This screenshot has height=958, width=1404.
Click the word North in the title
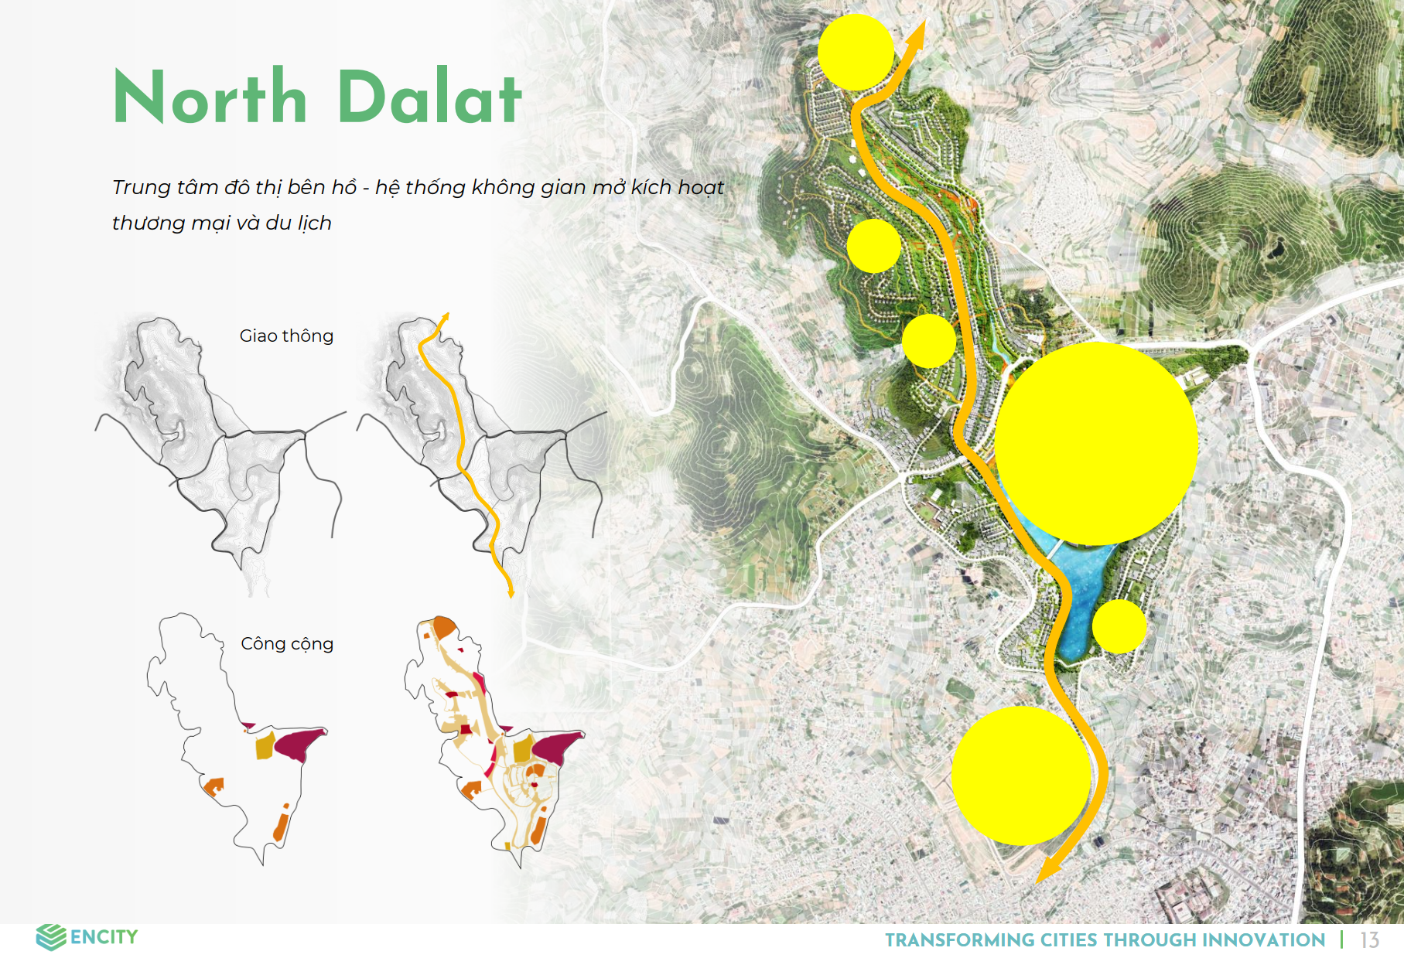click(x=210, y=97)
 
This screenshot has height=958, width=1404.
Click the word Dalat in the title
click(x=430, y=97)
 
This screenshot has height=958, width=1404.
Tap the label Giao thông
click(x=286, y=336)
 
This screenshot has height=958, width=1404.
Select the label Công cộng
click(x=287, y=644)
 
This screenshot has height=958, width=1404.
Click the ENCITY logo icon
click(x=51, y=937)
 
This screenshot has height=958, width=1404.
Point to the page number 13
click(x=1369, y=940)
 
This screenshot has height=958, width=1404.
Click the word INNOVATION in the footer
click(x=1263, y=940)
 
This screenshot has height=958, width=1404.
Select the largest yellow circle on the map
click(x=1096, y=444)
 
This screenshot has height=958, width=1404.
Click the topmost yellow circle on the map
click(x=856, y=52)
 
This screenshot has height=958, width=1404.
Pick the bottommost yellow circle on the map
click(x=1021, y=776)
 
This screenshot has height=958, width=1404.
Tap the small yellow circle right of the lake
click(x=1119, y=626)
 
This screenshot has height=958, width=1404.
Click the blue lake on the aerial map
click(x=1081, y=595)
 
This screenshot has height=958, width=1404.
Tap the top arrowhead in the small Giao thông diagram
click(x=444, y=318)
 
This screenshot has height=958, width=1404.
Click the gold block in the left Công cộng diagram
click(x=265, y=747)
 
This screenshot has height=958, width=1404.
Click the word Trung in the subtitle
click(x=141, y=188)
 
